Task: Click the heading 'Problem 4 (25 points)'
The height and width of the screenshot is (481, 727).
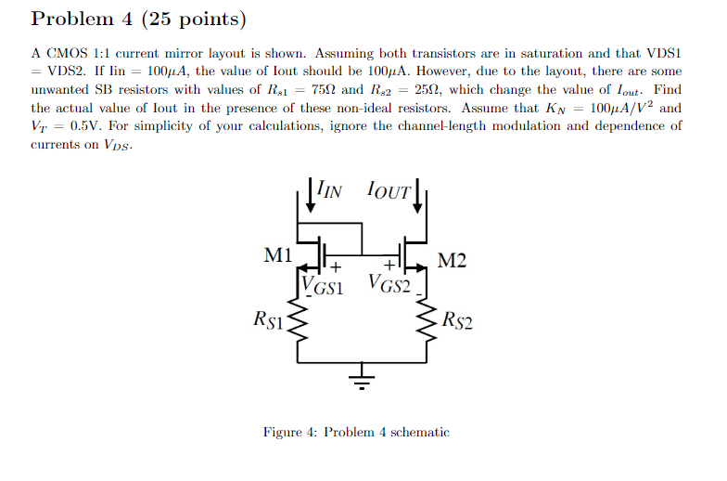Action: (x=139, y=19)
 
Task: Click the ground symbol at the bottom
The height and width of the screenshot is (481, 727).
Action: (x=363, y=381)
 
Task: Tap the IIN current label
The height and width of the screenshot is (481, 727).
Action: (x=329, y=190)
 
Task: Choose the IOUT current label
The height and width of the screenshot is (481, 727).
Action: (x=389, y=191)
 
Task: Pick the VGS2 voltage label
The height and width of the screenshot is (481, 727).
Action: (x=390, y=282)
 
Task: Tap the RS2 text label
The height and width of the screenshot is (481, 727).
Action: (x=457, y=321)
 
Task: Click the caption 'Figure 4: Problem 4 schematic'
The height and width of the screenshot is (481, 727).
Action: (x=356, y=432)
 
